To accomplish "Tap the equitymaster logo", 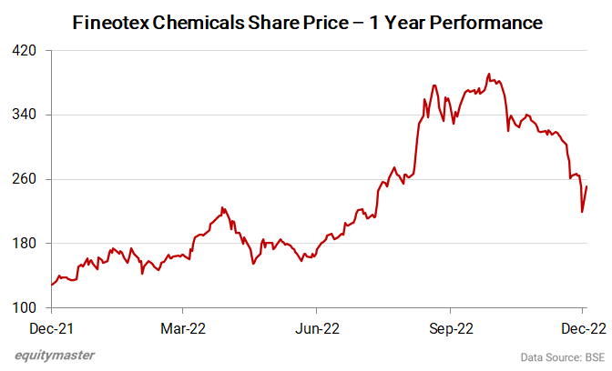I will tap(55, 355).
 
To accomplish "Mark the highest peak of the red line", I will tap(489, 74).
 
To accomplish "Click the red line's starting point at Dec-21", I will tap(52, 285).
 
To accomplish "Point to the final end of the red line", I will tap(586, 186).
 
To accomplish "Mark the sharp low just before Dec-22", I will tap(582, 212).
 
